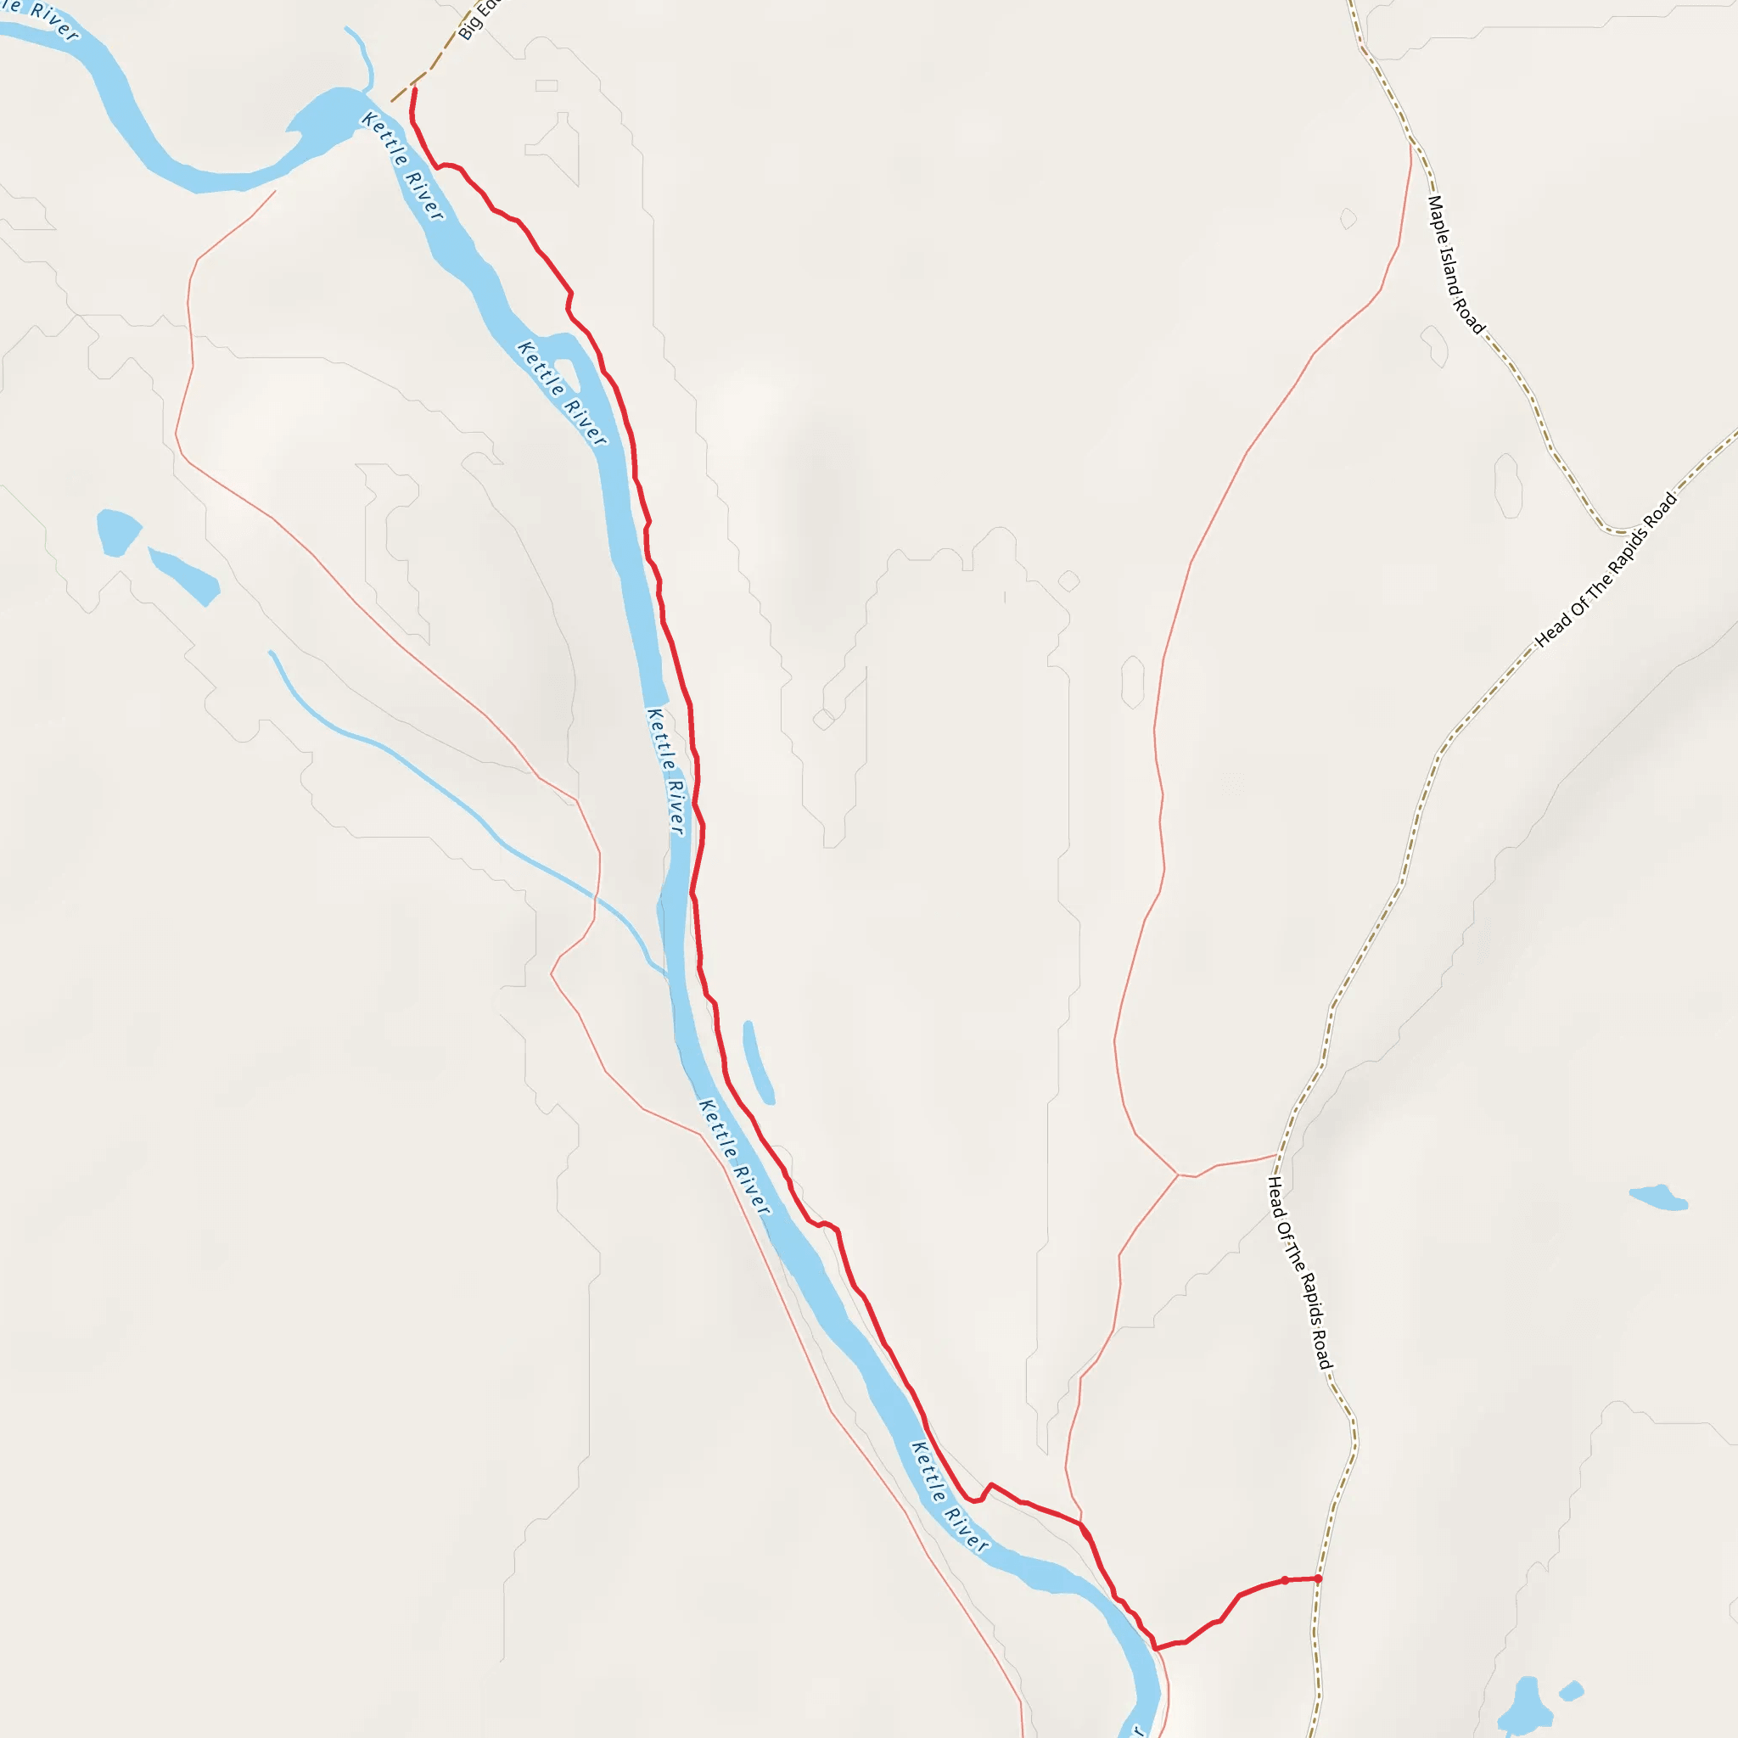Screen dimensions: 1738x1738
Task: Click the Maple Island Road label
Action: pyautogui.click(x=1455, y=265)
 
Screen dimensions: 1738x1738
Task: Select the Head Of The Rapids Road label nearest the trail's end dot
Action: pyautogui.click(x=1299, y=1273)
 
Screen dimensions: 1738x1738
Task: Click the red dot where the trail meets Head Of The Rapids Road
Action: pyautogui.click(x=1318, y=1578)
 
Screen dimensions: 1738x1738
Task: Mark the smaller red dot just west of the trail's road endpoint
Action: pyautogui.click(x=1285, y=1579)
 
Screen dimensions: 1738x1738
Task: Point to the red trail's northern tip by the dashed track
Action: pyautogui.click(x=415, y=90)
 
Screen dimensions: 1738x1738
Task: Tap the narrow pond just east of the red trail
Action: pyautogui.click(x=759, y=1062)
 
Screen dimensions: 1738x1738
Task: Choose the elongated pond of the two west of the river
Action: pyautogui.click(x=184, y=575)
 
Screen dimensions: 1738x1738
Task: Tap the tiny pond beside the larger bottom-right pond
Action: pyautogui.click(x=1571, y=1691)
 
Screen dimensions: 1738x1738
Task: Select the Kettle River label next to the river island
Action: pyautogui.click(x=563, y=393)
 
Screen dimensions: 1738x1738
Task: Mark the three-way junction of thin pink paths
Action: pyautogui.click(x=1179, y=1174)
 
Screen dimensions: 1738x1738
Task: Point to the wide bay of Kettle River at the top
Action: pyautogui.click(x=324, y=117)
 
